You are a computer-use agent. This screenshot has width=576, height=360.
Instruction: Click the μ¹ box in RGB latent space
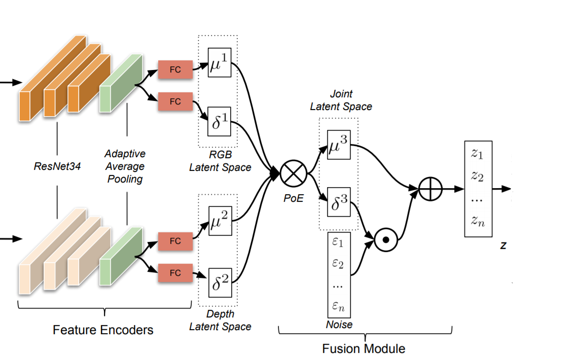point(219,63)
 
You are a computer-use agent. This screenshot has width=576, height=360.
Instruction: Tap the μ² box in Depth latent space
point(219,221)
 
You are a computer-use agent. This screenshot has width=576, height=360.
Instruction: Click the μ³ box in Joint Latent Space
point(339,145)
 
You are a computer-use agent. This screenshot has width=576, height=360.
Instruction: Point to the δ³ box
point(339,202)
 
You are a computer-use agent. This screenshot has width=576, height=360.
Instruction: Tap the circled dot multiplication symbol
point(385,238)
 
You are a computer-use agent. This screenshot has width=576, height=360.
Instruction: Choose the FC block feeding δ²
point(175,273)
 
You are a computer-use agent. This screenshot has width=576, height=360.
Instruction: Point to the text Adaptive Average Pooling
point(125,166)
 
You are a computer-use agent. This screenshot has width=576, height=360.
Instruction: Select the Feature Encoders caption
point(103,330)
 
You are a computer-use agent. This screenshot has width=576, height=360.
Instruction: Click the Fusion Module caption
point(364,349)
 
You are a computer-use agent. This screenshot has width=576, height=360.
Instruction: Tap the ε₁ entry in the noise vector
point(338,243)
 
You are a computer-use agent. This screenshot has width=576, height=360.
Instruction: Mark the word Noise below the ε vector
point(339,325)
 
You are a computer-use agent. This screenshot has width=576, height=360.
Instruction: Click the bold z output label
point(503,246)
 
